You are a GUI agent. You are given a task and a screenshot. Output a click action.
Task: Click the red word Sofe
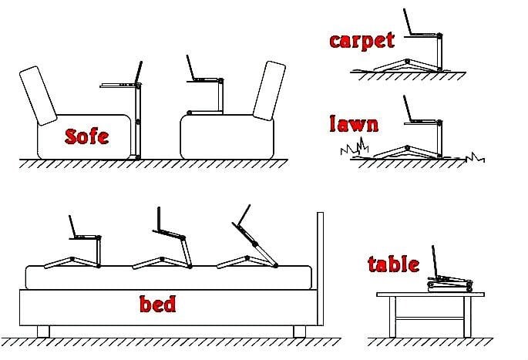tap(86, 136)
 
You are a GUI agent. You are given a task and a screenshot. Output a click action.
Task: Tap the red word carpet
tap(362, 41)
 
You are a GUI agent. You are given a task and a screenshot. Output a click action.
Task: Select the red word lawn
tap(354, 123)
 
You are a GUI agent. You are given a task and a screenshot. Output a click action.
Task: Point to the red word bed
tap(157, 304)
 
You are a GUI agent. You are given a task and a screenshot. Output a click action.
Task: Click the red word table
tap(394, 264)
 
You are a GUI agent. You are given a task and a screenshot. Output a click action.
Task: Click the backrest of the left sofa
tap(38, 96)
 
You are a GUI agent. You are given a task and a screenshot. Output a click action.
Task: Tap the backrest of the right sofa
tap(269, 91)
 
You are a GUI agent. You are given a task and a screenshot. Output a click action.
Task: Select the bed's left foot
tap(43, 331)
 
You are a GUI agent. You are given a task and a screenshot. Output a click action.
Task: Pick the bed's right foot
tap(299, 331)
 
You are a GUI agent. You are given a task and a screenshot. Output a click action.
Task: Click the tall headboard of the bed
tap(320, 269)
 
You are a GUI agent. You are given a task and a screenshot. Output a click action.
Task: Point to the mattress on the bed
tap(168, 278)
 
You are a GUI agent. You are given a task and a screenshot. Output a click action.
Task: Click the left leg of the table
tap(392, 317)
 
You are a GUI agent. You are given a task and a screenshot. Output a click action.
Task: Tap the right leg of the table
tap(467, 317)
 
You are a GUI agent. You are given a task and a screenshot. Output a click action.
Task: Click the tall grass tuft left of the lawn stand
tap(355, 146)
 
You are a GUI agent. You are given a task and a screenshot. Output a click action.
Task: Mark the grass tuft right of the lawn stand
tap(475, 157)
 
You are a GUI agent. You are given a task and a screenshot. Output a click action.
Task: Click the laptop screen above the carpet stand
tap(408, 22)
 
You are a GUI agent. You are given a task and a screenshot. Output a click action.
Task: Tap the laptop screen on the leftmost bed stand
tap(72, 227)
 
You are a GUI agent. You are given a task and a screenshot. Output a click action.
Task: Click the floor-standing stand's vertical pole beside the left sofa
tap(137, 121)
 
